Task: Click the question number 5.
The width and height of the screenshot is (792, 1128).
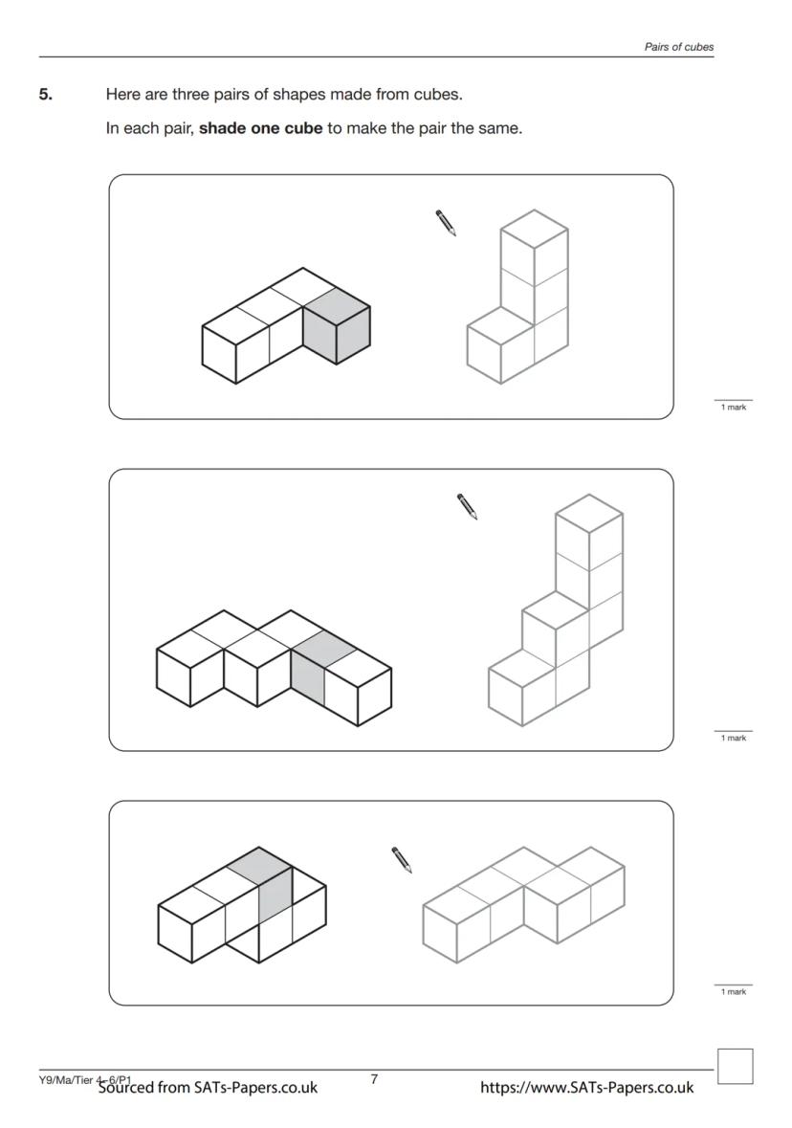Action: click(x=45, y=95)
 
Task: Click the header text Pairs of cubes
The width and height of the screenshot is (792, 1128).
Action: click(x=679, y=47)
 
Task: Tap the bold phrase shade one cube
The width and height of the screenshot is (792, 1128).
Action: click(x=260, y=129)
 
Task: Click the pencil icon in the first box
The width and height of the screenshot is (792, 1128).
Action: click(x=446, y=222)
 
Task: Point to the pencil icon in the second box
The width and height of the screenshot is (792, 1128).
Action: click(x=467, y=506)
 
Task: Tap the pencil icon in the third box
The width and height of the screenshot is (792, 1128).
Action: click(x=402, y=860)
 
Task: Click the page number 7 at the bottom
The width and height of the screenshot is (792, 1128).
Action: click(x=374, y=1079)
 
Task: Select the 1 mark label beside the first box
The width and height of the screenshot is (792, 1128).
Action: click(x=734, y=408)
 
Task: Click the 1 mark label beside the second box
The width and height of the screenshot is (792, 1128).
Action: click(x=734, y=738)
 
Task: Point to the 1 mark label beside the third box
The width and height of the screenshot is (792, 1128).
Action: click(x=734, y=992)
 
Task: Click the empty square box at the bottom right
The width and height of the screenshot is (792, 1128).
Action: click(x=736, y=1066)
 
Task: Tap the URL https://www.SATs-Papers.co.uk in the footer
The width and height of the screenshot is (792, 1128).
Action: click(x=587, y=1087)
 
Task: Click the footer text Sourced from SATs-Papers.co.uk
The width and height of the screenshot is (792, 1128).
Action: click(x=208, y=1087)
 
